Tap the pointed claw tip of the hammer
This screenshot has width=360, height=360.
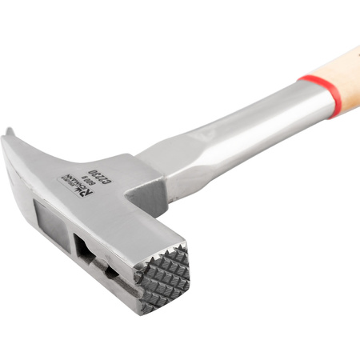pyautogui.click(x=8, y=131)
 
